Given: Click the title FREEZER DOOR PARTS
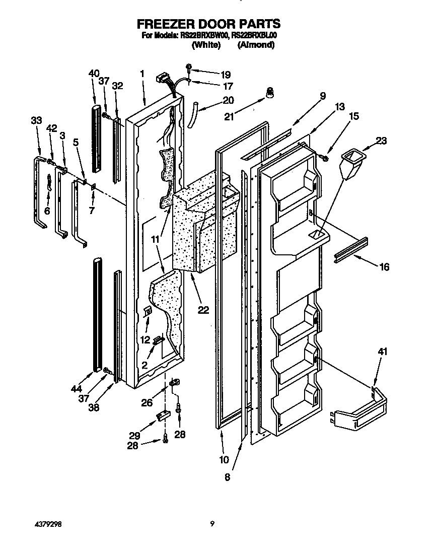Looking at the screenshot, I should tap(208, 24).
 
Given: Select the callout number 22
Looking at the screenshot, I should tap(203, 310).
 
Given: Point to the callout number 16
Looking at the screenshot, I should tap(384, 267).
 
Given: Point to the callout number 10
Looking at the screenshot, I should tap(224, 459).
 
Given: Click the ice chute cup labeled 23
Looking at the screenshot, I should tap(351, 164).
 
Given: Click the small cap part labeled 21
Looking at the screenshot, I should tap(270, 93).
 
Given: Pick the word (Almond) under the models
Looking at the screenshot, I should tap(256, 45).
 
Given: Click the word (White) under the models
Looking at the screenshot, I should tap(206, 45).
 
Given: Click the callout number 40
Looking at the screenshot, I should tap(94, 74).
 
